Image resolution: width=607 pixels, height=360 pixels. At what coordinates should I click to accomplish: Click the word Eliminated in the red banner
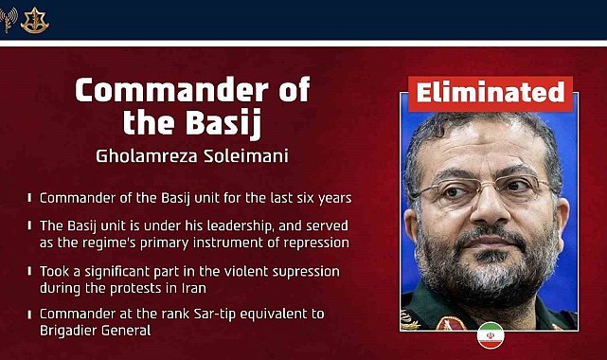coord(491,93)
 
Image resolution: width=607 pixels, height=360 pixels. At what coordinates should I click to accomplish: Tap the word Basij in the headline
coord(223,124)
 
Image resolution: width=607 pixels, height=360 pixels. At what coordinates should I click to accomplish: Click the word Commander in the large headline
coord(171,90)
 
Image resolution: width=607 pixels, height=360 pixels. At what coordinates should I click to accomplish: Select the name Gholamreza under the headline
coord(147,156)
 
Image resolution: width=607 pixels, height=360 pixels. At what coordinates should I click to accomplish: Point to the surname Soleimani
coord(246,156)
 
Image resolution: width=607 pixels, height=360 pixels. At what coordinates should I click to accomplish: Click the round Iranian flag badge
coord(491,335)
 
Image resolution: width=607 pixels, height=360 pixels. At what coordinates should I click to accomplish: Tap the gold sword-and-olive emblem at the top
coord(35,20)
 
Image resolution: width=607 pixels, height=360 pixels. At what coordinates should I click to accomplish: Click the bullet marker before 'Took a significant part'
coord(29,271)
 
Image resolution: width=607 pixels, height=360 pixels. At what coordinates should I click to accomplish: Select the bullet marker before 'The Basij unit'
coord(29,225)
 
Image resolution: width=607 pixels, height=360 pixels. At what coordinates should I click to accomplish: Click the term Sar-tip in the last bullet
coord(215,315)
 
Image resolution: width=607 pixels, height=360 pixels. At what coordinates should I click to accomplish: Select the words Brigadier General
coord(96,331)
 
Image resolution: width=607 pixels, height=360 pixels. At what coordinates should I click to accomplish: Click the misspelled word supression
coord(306,272)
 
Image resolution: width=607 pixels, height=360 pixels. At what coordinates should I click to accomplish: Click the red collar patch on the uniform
coord(451,324)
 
